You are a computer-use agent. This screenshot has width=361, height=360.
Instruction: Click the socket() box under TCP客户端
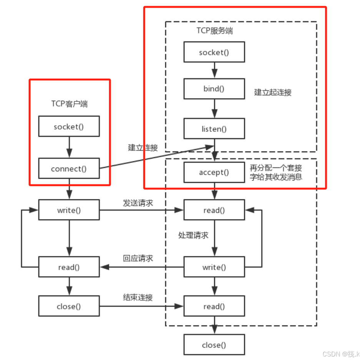pyautogui.click(x=69, y=127)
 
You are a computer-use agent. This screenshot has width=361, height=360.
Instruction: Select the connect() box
pyautogui.click(x=69, y=169)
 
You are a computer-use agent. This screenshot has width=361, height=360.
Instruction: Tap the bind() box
pyautogui.click(x=214, y=89)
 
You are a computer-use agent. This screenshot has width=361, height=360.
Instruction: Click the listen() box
pyautogui.click(x=214, y=129)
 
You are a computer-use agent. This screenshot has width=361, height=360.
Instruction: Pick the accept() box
pyautogui.click(x=214, y=172)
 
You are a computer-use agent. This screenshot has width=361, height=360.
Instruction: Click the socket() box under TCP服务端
pyautogui.click(x=214, y=52)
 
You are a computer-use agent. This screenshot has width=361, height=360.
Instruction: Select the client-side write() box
pyautogui.click(x=69, y=210)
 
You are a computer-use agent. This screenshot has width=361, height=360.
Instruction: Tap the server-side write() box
pyautogui.click(x=214, y=267)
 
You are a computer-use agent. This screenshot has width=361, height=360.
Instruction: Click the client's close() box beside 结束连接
pyautogui.click(x=69, y=306)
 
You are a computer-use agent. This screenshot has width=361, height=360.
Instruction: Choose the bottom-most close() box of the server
pyautogui.click(x=214, y=345)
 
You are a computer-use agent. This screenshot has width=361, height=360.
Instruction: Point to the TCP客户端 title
pyautogui.click(x=70, y=104)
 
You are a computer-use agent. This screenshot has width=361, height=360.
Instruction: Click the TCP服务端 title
pyautogui.click(x=215, y=31)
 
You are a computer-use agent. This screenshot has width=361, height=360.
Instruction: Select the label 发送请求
pyautogui.click(x=138, y=203)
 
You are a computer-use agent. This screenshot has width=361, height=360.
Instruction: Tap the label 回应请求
pyautogui.click(x=138, y=258)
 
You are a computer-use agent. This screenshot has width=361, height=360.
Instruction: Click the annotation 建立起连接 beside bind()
pyautogui.click(x=273, y=92)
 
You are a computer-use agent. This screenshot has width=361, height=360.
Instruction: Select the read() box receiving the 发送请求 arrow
pyautogui.click(x=214, y=210)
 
